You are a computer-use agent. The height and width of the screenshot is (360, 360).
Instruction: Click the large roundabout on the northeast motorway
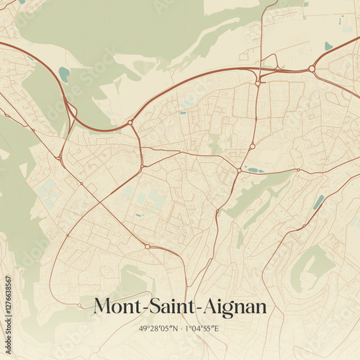(x=312, y=69)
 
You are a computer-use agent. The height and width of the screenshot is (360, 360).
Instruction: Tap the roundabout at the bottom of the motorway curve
(x=130, y=123)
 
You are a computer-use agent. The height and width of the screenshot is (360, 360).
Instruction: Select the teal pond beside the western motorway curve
(x=64, y=73)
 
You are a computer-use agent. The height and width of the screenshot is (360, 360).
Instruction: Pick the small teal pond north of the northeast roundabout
(x=328, y=46)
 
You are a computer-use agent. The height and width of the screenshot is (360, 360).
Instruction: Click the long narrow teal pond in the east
(x=318, y=202)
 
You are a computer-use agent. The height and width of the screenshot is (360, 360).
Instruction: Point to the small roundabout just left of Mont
(x=79, y=305)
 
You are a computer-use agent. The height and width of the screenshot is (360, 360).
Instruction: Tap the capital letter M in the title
(x=104, y=307)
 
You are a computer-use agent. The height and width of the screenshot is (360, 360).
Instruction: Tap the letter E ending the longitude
(x=216, y=329)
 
